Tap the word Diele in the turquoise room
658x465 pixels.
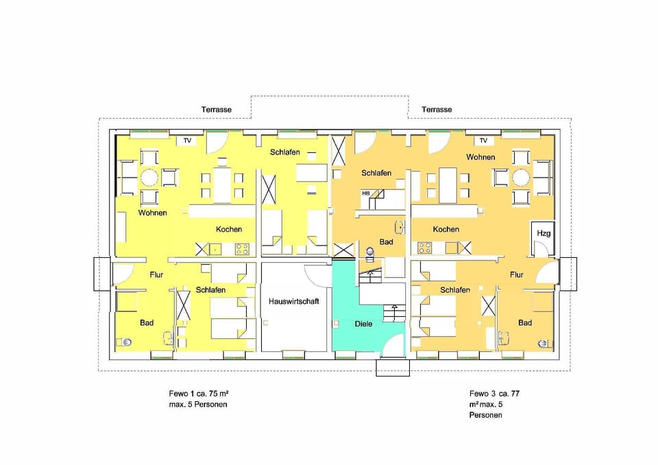[364, 324]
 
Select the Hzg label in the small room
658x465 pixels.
[544, 233]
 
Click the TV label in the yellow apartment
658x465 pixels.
[186, 141]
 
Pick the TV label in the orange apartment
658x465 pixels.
[483, 141]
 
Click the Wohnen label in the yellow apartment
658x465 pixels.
[152, 213]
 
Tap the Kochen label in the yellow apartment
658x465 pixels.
[228, 229]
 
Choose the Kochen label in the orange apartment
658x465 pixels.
[446, 229]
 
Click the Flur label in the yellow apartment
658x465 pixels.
[156, 275]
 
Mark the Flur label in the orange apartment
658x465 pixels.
[516, 275]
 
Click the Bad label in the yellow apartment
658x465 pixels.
[146, 322]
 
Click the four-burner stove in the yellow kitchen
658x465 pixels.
[241, 248]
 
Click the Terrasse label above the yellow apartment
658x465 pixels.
[216, 110]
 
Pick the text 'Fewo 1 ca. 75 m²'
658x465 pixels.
[193, 394]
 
